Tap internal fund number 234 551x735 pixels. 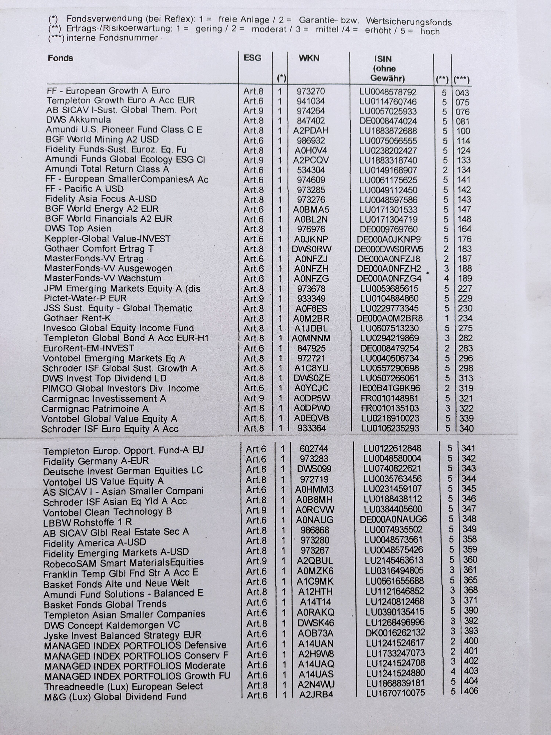[465, 318]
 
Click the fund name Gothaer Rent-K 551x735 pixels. [77, 318]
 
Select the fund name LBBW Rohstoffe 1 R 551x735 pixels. [87, 522]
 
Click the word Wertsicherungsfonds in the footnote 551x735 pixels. [409, 22]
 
